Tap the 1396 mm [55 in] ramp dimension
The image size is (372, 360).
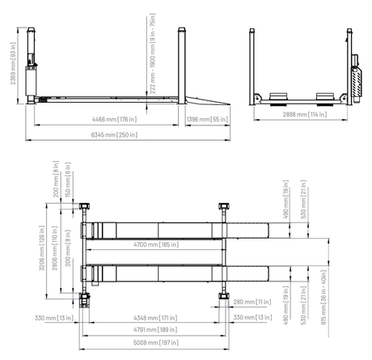(207, 119)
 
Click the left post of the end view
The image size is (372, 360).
(254, 65)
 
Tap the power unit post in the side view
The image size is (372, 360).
(31, 65)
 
